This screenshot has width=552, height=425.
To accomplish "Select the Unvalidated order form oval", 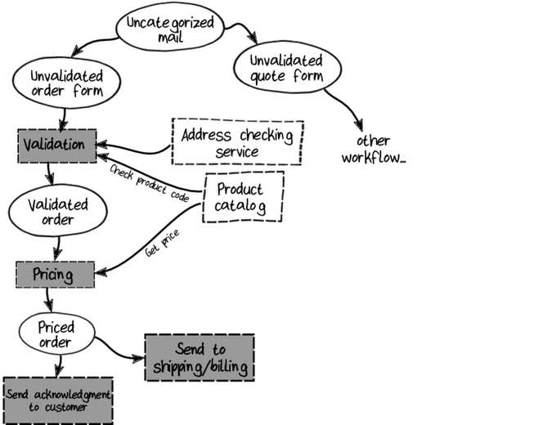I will [x=66, y=83].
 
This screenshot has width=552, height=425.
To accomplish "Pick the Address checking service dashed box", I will [x=237, y=142].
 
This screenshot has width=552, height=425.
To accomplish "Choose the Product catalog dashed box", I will [x=243, y=197].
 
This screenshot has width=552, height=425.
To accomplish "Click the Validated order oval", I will [x=52, y=212].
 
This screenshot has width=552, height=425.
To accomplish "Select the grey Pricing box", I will [x=54, y=274].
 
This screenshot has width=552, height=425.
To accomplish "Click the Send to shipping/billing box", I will [x=200, y=357].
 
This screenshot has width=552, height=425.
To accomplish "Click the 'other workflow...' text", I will [x=373, y=149].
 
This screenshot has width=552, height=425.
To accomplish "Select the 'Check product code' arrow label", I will [x=150, y=183].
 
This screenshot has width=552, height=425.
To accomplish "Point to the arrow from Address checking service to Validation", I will [x=135, y=150].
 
